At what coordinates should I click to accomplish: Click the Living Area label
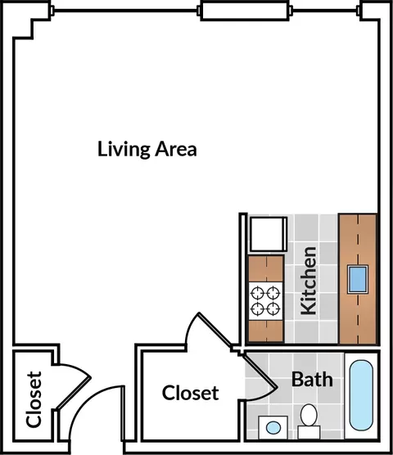[x=147, y=149]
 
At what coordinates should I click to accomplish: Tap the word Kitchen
[x=309, y=281]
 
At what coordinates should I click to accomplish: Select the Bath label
[x=312, y=379]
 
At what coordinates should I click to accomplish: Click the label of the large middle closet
[x=190, y=393]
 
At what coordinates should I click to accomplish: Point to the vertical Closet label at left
[x=34, y=399]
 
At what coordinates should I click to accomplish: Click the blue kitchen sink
[x=358, y=280]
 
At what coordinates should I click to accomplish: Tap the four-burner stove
[x=265, y=301]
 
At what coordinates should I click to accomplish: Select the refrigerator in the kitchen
[x=269, y=234]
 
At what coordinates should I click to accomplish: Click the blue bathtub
[x=361, y=395]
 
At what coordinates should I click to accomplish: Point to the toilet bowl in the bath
[x=309, y=415]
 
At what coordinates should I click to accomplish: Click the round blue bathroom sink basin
[x=273, y=427]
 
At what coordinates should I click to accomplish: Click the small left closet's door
[x=74, y=393]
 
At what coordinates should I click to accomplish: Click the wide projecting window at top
[x=245, y=11]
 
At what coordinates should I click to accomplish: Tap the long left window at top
[x=125, y=11]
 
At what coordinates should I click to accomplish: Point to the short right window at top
[x=325, y=11]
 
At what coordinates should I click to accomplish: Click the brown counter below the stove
[x=265, y=331]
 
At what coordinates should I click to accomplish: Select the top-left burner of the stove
[x=257, y=293]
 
